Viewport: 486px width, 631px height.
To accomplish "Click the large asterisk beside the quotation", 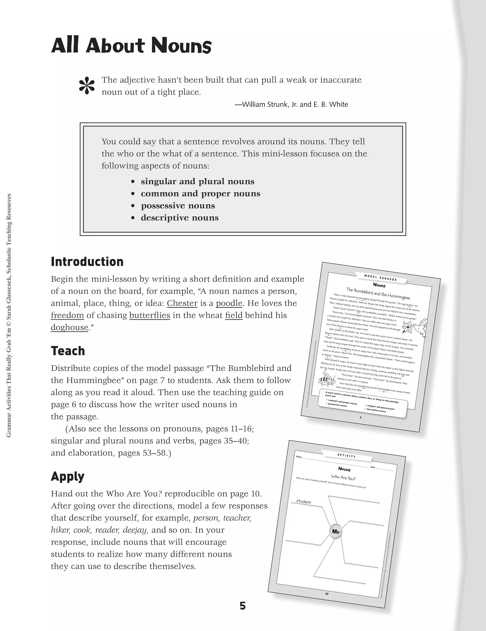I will [87, 86].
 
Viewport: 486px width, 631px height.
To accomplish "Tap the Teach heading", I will [68, 351].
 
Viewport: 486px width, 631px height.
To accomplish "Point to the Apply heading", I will [68, 477].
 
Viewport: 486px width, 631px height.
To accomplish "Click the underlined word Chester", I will [182, 303].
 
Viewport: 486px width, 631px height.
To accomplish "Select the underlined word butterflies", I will [150, 315].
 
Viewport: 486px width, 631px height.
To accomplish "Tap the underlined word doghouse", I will [69, 327].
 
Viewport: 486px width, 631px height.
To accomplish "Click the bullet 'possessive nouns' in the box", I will [178, 206].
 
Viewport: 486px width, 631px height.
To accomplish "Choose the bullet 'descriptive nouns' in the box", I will [179, 218].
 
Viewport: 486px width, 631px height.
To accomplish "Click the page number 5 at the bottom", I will [243, 606].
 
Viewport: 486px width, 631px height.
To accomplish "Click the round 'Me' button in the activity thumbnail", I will [336, 531].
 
